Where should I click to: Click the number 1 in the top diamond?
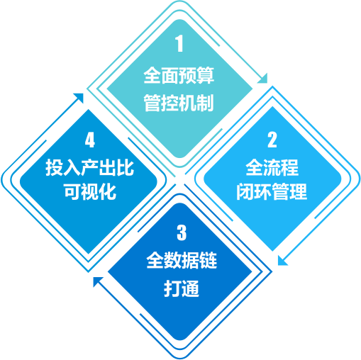(x=179, y=43)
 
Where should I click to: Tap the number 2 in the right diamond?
(x=272, y=140)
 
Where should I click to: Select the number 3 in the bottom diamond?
(x=182, y=232)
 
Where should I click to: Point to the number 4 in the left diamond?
(x=90, y=140)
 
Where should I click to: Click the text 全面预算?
(x=179, y=75)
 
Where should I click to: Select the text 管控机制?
(x=179, y=103)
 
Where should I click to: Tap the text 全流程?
(x=272, y=167)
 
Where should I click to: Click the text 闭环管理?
(x=272, y=191)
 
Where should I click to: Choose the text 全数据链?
(x=182, y=260)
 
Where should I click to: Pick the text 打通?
(x=182, y=288)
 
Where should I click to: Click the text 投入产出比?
(x=90, y=167)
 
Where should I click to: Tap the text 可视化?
(x=90, y=191)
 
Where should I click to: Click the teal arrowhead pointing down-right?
(x=263, y=79)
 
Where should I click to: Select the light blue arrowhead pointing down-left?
(x=282, y=261)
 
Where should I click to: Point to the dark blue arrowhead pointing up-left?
(x=98, y=281)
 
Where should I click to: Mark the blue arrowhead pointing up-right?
(x=79, y=98)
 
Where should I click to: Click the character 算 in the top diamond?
(x=206, y=75)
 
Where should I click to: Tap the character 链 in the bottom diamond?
(x=209, y=260)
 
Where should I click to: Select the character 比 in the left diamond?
(x=126, y=167)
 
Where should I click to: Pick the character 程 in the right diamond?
(x=290, y=167)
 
